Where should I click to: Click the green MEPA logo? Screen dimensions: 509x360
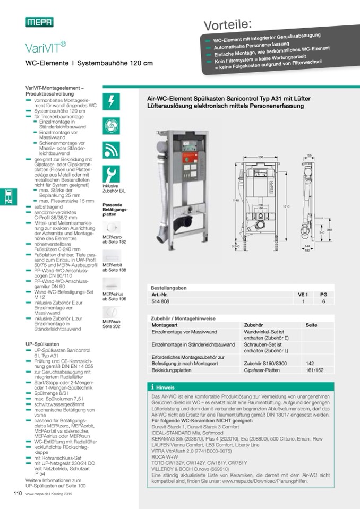click(39, 22)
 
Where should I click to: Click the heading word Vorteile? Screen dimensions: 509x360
click(228, 24)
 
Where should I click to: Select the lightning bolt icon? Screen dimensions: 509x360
click(111, 101)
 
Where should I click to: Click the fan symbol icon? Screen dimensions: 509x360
click(111, 126)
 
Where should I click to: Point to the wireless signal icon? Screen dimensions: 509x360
click(111, 150)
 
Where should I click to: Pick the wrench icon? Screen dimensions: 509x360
click(111, 174)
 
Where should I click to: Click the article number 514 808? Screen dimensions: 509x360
click(161, 301)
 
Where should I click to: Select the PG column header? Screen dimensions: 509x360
click(323, 294)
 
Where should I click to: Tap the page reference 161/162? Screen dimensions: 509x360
click(314, 370)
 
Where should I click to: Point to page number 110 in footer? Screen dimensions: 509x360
click(17, 493)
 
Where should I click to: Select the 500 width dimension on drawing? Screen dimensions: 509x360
click(261, 157)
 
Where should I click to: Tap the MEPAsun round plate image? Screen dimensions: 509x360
click(111, 312)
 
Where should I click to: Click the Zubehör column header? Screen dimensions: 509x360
click(253, 325)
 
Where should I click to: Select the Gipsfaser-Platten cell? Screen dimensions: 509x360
click(262, 370)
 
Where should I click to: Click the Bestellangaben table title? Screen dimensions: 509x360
click(169, 287)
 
